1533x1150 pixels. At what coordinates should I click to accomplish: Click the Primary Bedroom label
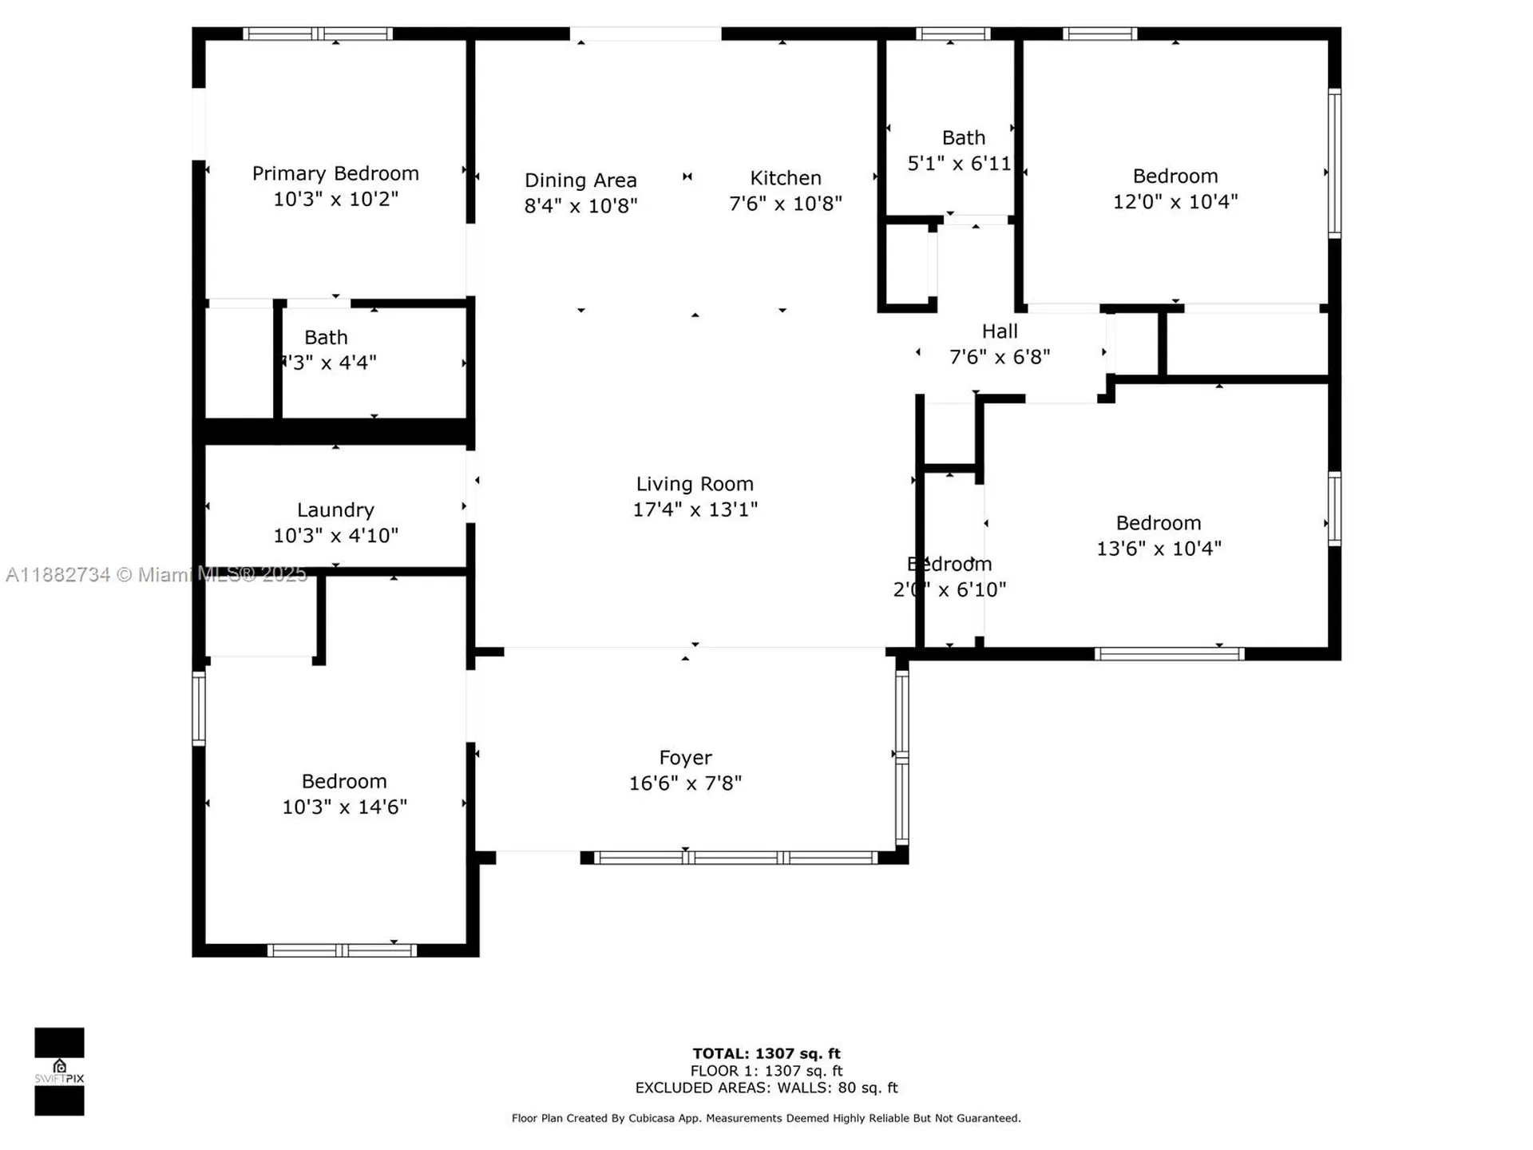click(x=335, y=173)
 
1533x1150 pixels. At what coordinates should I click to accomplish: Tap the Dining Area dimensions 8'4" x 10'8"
click(x=580, y=206)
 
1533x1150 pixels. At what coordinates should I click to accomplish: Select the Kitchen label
click(x=785, y=177)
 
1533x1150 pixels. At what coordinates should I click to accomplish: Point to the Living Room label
click(x=695, y=484)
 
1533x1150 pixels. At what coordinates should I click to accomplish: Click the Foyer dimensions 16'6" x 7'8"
click(x=685, y=783)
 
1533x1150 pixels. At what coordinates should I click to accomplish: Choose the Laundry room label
click(x=335, y=510)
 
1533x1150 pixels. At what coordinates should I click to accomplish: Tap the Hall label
click(x=1000, y=331)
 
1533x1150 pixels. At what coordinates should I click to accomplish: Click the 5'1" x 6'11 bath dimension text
click(x=959, y=164)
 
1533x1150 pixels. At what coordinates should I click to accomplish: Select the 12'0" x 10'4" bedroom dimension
click(x=1175, y=201)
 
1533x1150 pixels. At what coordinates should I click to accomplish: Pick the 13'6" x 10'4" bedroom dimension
click(x=1159, y=549)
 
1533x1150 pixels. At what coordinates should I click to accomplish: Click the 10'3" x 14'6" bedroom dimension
click(x=344, y=807)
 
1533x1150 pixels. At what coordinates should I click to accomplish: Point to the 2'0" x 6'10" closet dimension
click(x=949, y=589)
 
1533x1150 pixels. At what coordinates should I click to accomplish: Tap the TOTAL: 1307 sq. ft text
click(x=766, y=1053)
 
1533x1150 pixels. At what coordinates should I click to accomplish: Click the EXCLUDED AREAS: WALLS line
click(x=766, y=1088)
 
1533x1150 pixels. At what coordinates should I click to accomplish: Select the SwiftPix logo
click(x=59, y=1071)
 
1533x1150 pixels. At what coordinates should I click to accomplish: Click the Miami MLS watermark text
click(x=156, y=574)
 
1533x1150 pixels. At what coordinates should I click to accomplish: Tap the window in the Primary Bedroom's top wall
click(x=318, y=34)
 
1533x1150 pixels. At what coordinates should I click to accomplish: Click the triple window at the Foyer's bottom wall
click(x=736, y=858)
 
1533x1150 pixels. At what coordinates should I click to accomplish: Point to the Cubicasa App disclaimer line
click(x=766, y=1118)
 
